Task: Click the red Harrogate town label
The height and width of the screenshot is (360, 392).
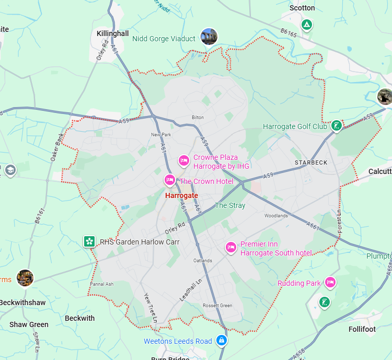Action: coord(181,195)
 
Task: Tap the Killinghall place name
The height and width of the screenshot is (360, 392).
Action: coord(113,33)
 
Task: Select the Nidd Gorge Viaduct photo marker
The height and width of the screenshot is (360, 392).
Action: coord(209,37)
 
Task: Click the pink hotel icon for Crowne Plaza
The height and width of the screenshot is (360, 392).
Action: coord(183,160)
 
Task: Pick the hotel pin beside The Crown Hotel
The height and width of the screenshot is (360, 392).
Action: coord(169,180)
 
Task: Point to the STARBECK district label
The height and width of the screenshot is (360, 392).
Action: coord(311,162)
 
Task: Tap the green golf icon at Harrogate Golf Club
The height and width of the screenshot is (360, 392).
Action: coord(337,125)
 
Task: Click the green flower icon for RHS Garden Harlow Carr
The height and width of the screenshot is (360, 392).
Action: coord(89,241)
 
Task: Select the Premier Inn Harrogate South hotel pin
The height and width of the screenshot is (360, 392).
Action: coord(230,247)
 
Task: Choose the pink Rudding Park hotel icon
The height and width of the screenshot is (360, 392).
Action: coord(330,282)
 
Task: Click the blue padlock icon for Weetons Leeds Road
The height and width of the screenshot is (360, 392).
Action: coord(222,340)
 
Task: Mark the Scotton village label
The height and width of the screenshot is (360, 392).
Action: coord(302,8)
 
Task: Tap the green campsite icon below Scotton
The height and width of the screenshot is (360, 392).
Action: coord(307,25)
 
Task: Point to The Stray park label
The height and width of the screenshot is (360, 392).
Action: coord(230,205)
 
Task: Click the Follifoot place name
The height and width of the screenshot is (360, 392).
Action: coord(362,329)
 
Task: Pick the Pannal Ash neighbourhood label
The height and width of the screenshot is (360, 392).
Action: coord(102,284)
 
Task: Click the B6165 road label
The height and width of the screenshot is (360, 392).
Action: coord(288,33)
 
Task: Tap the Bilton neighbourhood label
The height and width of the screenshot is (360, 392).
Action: coord(198,118)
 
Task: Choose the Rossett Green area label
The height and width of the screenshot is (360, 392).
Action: coord(217,306)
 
